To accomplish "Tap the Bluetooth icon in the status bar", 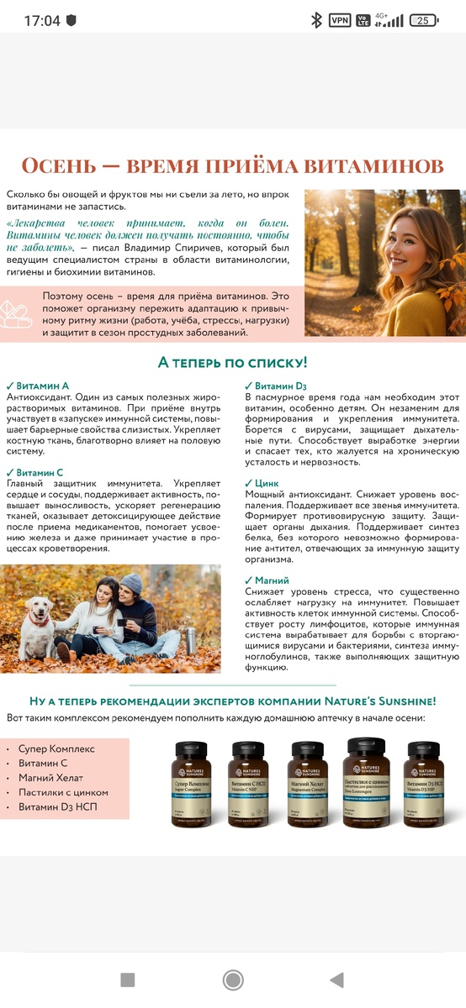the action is [x=316, y=20].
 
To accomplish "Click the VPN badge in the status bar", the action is [x=340, y=20].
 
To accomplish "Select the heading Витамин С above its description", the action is [x=40, y=473].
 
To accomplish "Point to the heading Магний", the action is [x=271, y=580].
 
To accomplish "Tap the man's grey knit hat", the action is [x=131, y=583].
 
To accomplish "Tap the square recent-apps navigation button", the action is [x=127, y=979].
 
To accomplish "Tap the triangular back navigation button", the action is [x=337, y=979].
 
